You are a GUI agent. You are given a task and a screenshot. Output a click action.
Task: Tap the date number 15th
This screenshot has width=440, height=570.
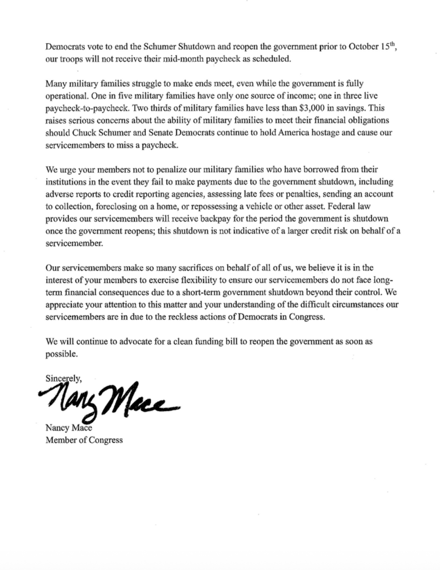pyautogui.click(x=387, y=47)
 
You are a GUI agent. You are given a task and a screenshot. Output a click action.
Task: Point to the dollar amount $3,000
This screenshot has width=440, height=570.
pyautogui.click(x=315, y=108)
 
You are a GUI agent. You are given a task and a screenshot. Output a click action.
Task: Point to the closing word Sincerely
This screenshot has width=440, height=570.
pyautogui.click(x=63, y=379)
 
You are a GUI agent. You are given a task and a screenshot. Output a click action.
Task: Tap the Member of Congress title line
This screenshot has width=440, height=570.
pyautogui.click(x=84, y=440)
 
